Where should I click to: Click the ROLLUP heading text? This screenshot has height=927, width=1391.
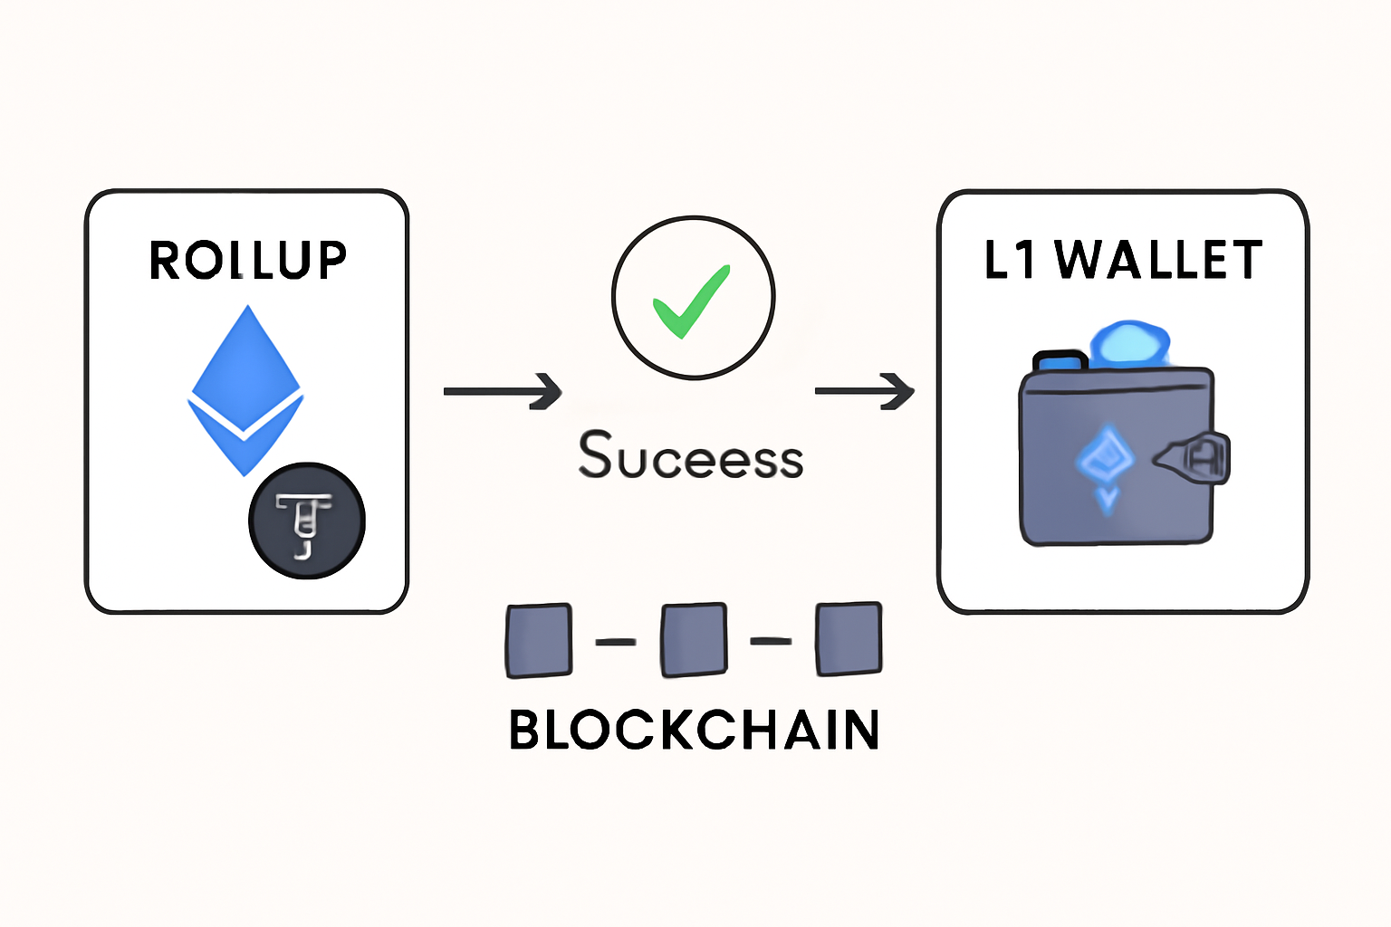(x=247, y=261)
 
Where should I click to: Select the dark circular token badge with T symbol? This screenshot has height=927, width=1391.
(x=307, y=521)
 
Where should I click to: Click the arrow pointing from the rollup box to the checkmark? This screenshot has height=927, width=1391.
(x=503, y=391)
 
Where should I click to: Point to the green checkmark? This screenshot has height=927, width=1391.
(x=691, y=301)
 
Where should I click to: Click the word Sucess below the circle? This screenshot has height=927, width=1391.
(x=691, y=456)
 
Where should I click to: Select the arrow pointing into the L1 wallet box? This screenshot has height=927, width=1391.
(x=865, y=391)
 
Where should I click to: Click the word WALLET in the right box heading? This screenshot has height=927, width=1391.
(x=1159, y=261)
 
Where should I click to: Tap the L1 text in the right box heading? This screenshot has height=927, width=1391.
(x=1009, y=261)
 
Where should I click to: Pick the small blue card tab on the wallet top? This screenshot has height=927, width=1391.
(x=1060, y=361)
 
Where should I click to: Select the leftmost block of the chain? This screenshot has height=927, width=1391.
(x=539, y=641)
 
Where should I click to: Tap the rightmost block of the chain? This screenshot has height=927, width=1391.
(x=849, y=639)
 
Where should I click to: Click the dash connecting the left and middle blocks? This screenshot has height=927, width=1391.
(x=616, y=642)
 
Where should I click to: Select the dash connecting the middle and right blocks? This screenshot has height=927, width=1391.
(x=772, y=641)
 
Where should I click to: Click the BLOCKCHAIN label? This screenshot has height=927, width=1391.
(x=694, y=730)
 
